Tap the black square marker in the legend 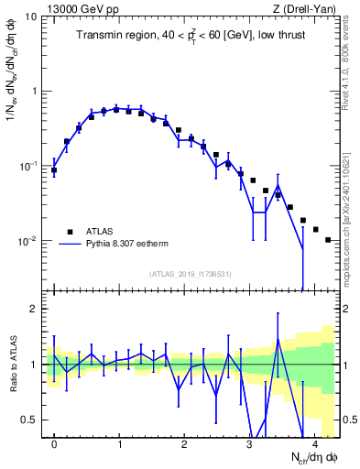[x=71, y=232]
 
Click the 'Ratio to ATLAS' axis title [x=12, y=365]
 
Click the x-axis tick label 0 [x=54, y=443]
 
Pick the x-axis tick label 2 [x=184, y=443]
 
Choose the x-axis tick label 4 [x=314, y=443]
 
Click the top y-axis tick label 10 [x=31, y=16]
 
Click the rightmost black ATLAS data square [x=328, y=240]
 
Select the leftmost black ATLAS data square [x=54, y=170]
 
